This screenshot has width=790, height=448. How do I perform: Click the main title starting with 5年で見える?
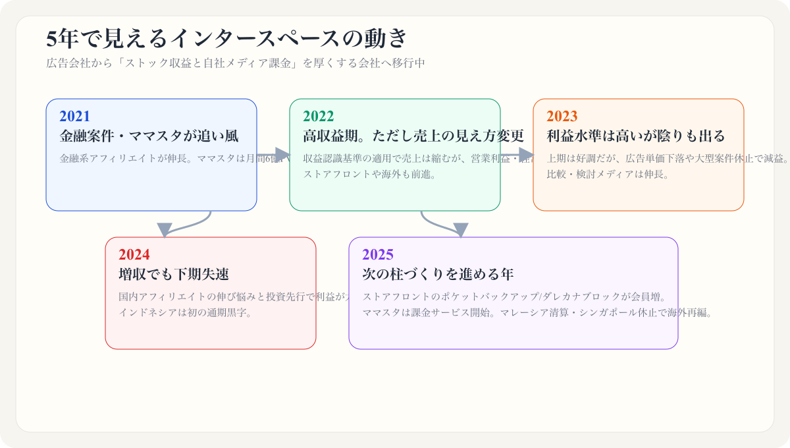[227, 39]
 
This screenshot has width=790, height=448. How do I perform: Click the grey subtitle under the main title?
[236, 64]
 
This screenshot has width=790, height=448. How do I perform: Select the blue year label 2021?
[74, 117]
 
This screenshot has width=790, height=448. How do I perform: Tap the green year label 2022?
[318, 117]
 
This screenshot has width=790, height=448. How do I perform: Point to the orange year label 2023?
[562, 117]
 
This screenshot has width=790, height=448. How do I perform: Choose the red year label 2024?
[134, 255]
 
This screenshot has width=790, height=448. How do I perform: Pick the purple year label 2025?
[377, 255]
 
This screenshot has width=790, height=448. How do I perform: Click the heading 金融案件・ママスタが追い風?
[149, 136]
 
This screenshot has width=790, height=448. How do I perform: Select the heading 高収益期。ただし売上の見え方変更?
[413, 136]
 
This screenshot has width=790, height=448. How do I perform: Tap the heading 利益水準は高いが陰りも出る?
[636, 136]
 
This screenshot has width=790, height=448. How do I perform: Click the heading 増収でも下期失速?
[174, 275]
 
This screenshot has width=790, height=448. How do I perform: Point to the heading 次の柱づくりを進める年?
[438, 275]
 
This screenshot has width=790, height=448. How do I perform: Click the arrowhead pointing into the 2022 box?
[282, 155]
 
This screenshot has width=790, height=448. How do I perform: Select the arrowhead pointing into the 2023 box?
[526, 155]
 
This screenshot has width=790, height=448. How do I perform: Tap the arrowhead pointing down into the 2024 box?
[165, 230]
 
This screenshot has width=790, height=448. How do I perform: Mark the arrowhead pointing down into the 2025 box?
[461, 230]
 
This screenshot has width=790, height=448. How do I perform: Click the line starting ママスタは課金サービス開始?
[537, 312]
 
